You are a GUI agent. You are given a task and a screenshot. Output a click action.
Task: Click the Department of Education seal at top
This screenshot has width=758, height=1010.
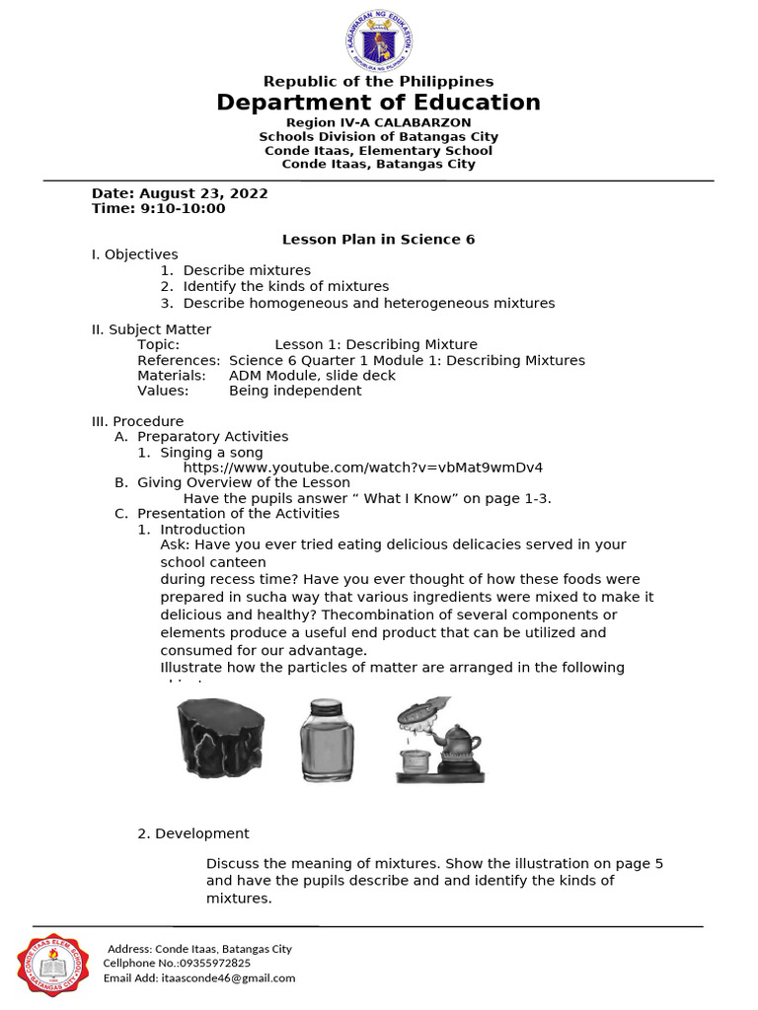coord(379,41)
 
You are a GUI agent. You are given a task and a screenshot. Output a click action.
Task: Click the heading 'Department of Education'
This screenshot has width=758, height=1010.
coord(379,103)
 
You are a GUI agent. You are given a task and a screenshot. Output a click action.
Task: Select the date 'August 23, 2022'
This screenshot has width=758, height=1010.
coord(203,193)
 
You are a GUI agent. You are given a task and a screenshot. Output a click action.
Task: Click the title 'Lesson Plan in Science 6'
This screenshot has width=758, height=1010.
coord(379,240)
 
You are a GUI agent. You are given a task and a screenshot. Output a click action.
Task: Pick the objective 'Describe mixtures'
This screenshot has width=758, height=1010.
coord(247,270)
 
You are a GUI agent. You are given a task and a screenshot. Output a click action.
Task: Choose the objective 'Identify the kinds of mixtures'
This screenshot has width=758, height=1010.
coord(286,286)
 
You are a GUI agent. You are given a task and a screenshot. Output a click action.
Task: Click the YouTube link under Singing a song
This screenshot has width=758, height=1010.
coord(363,468)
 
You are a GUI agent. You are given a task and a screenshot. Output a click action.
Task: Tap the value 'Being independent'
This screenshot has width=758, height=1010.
coord(295,391)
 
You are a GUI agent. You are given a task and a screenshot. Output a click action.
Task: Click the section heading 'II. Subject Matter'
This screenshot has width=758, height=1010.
coord(151,329)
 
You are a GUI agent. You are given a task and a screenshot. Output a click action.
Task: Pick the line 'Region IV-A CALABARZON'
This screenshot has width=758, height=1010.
coord(379,122)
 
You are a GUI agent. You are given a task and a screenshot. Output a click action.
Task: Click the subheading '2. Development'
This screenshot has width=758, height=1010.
coord(193,833)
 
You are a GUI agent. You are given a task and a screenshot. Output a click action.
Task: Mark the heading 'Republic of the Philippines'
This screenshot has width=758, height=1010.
coord(379,82)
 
